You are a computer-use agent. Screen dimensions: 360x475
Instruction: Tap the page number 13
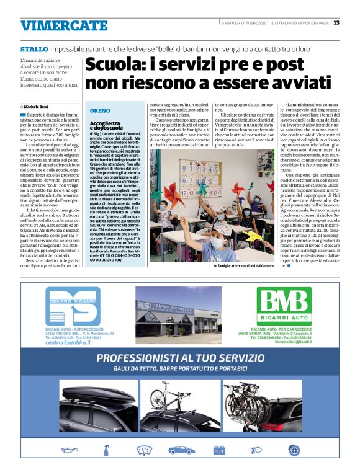tap(336, 23)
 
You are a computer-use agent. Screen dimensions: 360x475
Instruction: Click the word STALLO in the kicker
tap(34, 48)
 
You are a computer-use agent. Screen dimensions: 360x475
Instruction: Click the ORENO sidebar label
tap(100, 110)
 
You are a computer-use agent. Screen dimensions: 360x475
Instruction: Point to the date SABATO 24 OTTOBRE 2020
tap(243, 23)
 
